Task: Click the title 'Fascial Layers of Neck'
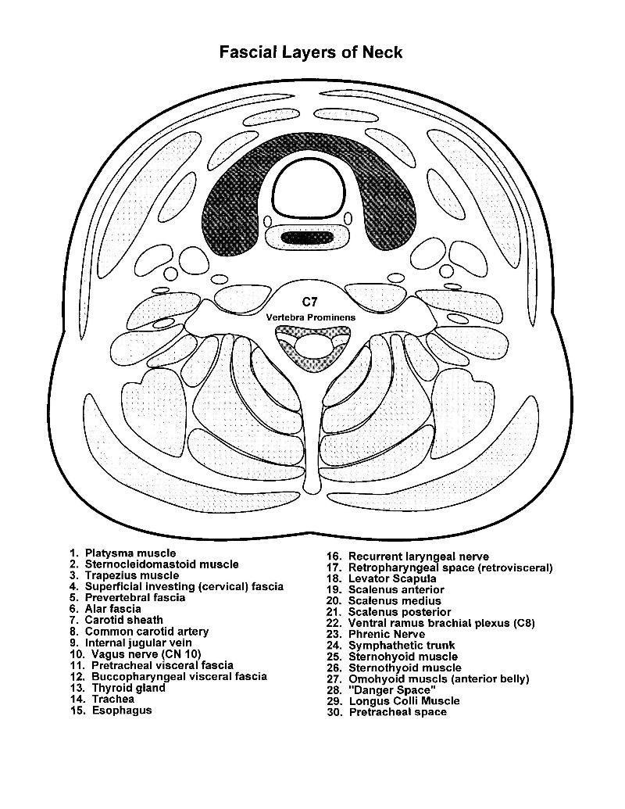click(x=310, y=52)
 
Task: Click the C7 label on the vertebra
click(x=310, y=301)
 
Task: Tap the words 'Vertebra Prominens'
click(x=310, y=317)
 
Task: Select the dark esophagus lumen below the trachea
click(x=307, y=238)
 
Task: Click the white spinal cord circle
click(x=311, y=345)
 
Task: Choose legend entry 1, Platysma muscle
click(x=123, y=553)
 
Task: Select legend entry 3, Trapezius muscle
click(x=124, y=575)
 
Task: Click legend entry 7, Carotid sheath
click(x=116, y=620)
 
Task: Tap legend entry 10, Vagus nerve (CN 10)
click(x=135, y=654)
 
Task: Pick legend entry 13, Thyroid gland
click(x=118, y=688)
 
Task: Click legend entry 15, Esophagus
click(x=111, y=710)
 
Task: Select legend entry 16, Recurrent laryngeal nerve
click(x=407, y=557)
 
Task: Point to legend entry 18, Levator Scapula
click(x=381, y=578)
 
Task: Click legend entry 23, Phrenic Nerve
click(x=376, y=634)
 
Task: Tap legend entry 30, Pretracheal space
click(x=386, y=712)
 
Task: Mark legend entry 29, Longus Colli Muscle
click(x=392, y=700)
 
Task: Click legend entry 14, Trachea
click(x=102, y=699)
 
